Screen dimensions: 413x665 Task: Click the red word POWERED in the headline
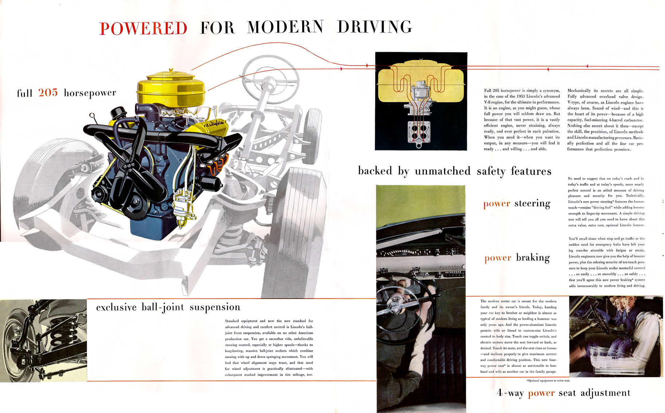coord(143,28)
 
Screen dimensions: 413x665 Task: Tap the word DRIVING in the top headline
coord(375,27)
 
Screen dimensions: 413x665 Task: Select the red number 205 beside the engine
coord(48,93)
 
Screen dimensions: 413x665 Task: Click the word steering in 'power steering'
coord(532,203)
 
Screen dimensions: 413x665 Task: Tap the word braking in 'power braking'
coord(533,257)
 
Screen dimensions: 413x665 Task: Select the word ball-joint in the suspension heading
coord(163,307)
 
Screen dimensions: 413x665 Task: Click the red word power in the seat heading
coord(541,393)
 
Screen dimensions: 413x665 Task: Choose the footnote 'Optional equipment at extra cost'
coord(548,381)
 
